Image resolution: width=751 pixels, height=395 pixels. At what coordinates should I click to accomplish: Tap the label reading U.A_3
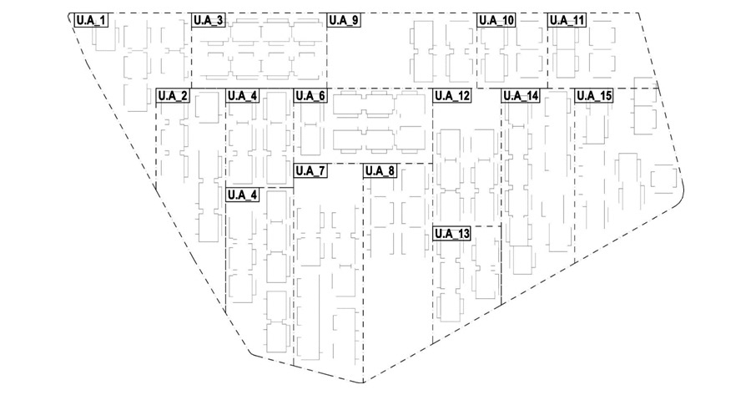pyautogui.click(x=208, y=20)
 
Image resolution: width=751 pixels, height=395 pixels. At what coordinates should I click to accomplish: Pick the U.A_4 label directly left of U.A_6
pyautogui.click(x=243, y=96)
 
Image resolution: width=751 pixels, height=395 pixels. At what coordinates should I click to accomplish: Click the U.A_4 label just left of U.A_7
pyautogui.click(x=243, y=195)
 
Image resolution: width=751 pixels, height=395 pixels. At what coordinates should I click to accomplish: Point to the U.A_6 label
pyautogui.click(x=310, y=96)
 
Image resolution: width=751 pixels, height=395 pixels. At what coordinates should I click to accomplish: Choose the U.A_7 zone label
pyautogui.click(x=310, y=171)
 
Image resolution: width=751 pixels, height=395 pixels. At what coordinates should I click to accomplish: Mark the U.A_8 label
pyautogui.click(x=381, y=171)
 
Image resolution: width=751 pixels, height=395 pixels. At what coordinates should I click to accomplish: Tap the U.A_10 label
pyautogui.click(x=496, y=20)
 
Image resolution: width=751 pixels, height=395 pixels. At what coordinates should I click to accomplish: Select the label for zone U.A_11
pyautogui.click(x=567, y=20)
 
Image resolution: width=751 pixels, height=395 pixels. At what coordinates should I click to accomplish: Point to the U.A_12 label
pyautogui.click(x=451, y=96)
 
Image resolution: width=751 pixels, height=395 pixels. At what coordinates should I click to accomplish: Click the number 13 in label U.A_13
pyautogui.click(x=464, y=234)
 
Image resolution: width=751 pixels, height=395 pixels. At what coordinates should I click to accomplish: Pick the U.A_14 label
pyautogui.click(x=521, y=96)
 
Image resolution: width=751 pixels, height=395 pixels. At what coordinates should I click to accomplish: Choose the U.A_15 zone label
pyautogui.click(x=594, y=96)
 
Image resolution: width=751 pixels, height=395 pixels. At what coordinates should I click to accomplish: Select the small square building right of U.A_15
pyautogui.click(x=664, y=178)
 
